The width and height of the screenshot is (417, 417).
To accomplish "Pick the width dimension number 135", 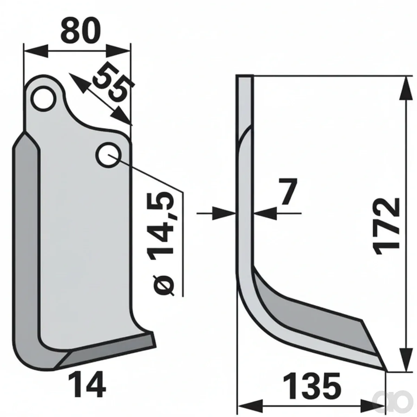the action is coord(312,383).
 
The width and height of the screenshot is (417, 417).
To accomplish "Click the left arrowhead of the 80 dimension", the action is coord(36,51).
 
